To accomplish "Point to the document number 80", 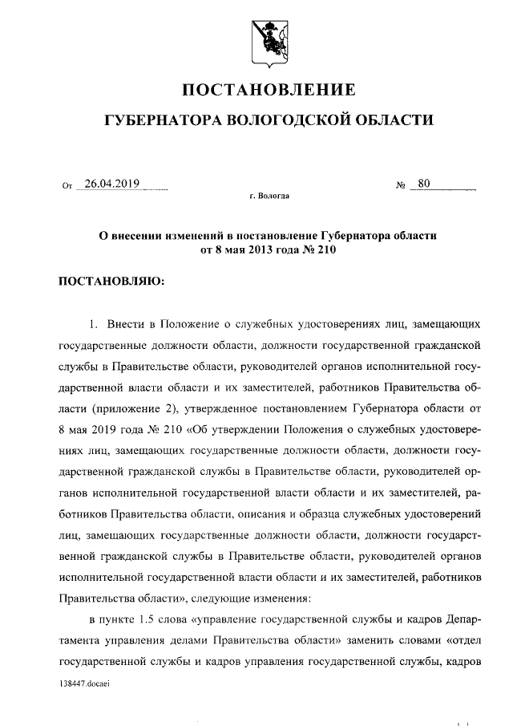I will (424, 184).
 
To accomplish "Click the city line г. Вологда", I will (269, 197).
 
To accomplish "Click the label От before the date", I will (67, 186).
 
